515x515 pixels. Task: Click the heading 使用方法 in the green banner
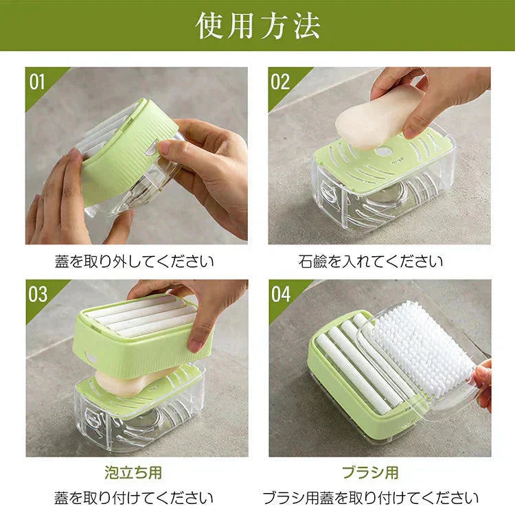coord(257,25)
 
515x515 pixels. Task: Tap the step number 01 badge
coord(38,82)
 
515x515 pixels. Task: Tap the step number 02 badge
coord(280,82)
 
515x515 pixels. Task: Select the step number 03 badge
coord(38,294)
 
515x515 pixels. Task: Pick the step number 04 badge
coord(280,294)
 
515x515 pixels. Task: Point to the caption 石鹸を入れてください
coord(371,262)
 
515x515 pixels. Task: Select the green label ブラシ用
coord(370,472)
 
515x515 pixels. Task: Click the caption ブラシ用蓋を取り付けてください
coord(370,497)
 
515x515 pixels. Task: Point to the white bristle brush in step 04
coord(419,347)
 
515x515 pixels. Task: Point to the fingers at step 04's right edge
coord(483,381)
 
